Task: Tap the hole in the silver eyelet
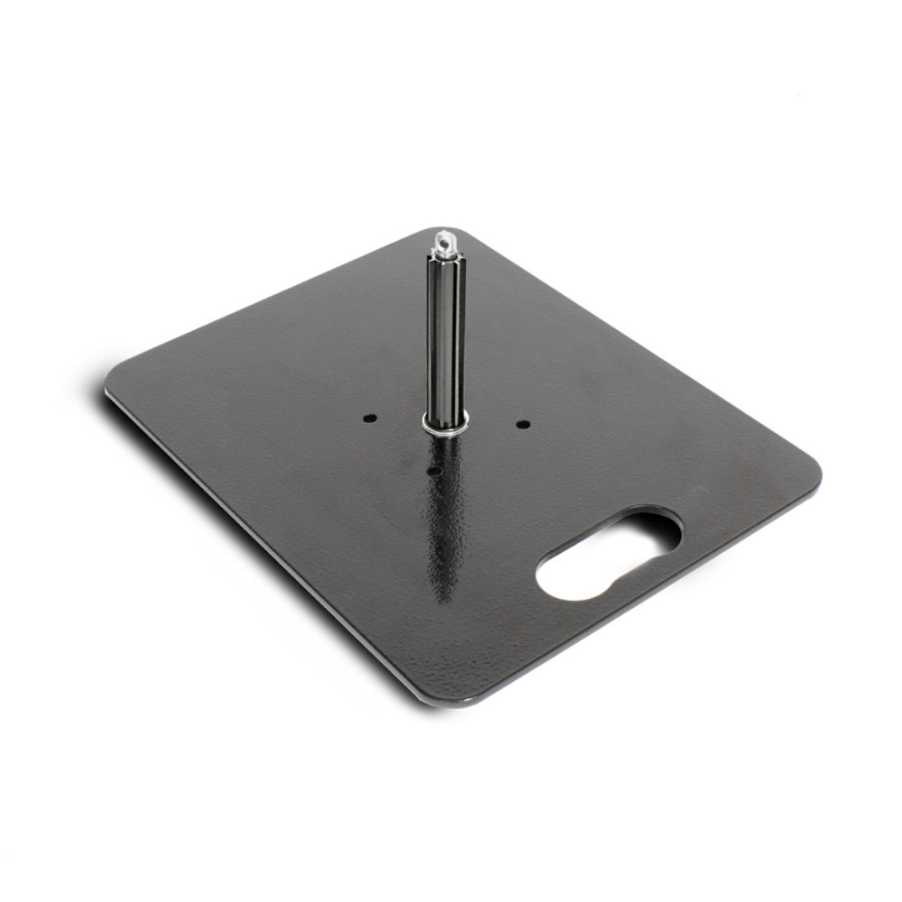443,239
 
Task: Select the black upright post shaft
446,343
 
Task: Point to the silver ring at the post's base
446,424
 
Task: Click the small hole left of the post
369,419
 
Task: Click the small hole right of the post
521,423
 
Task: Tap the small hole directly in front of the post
434,470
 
